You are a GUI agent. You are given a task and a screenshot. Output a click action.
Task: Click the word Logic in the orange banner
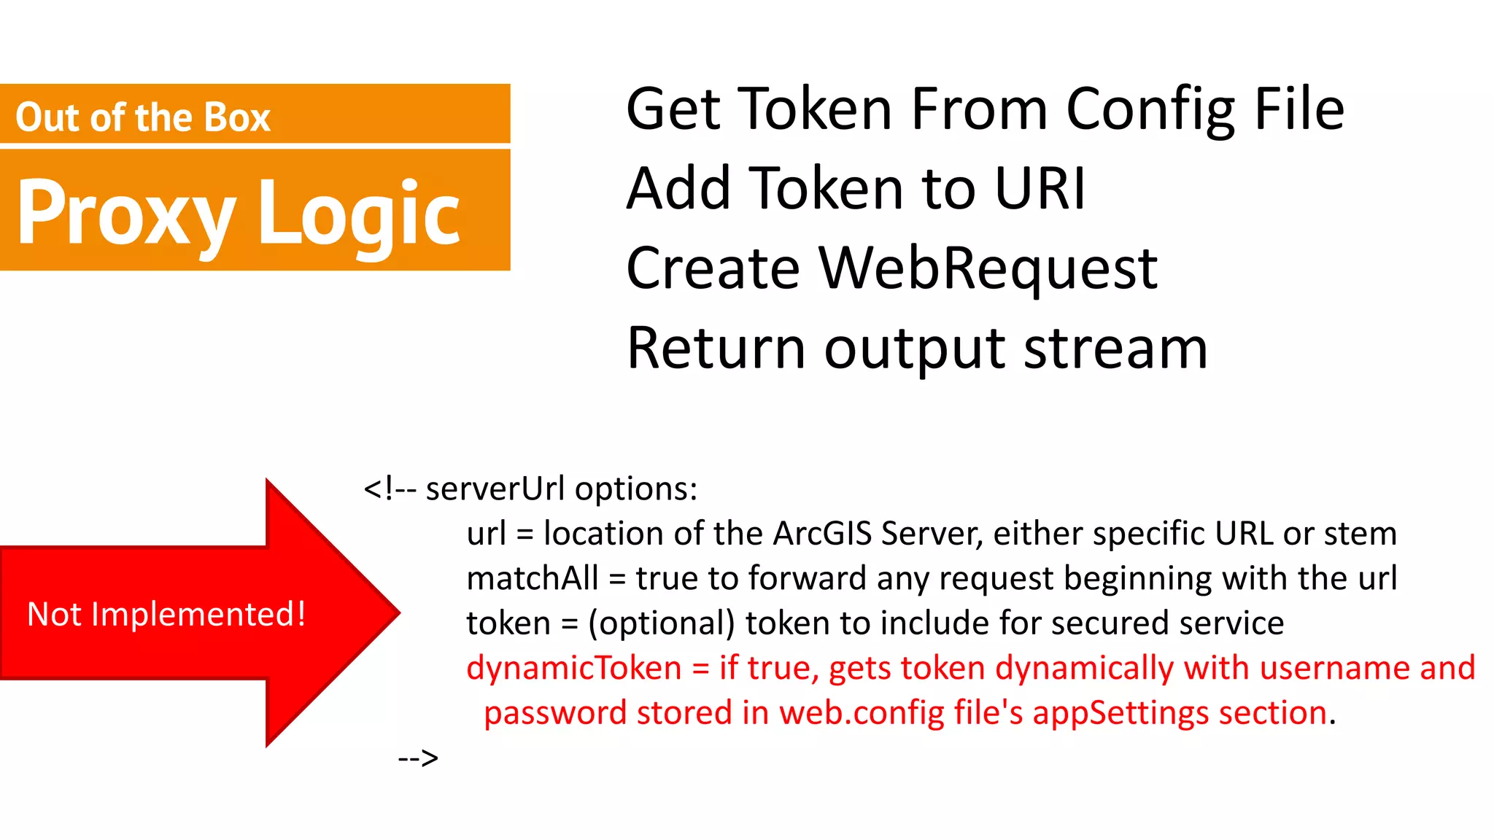pos(359,213)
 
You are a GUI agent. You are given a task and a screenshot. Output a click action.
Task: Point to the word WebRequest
pos(988,268)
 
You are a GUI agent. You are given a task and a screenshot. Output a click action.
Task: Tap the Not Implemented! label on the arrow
pos(166,614)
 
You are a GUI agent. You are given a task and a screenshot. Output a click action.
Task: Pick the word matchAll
pos(533,579)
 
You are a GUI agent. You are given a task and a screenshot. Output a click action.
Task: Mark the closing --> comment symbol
pos(418,758)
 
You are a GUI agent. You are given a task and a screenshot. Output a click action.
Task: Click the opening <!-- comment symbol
pos(390,489)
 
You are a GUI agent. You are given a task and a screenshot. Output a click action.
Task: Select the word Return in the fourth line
pos(716,349)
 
